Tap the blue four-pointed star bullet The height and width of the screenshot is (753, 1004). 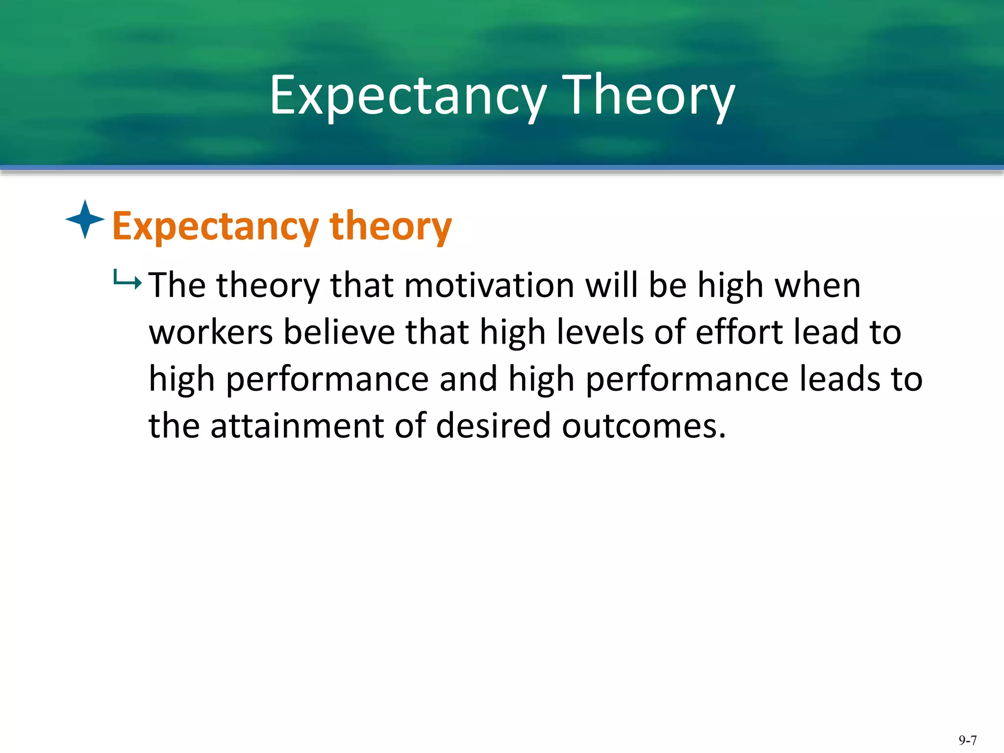point(85,219)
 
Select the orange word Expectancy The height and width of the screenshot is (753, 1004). point(216,226)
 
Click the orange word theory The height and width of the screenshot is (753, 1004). point(391,226)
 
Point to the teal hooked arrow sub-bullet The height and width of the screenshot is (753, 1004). point(127,280)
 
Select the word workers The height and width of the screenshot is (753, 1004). point(211,332)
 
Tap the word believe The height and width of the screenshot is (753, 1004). point(339,332)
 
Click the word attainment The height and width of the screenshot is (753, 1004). point(297,426)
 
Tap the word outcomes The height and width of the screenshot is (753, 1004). point(643,426)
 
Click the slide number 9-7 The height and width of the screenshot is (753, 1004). point(968,740)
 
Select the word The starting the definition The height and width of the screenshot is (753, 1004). point(177,285)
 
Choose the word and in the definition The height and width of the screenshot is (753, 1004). point(468,379)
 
